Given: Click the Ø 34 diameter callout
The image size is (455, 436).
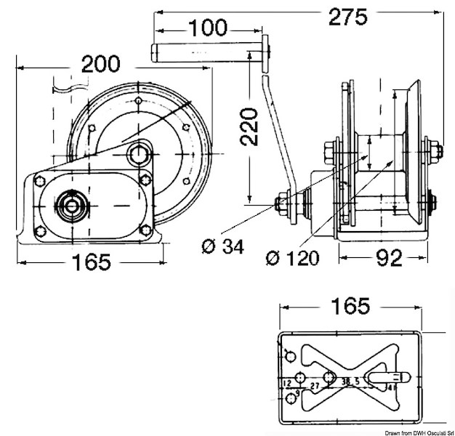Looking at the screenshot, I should coord(222,246).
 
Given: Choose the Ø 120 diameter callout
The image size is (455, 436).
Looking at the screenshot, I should coord(291,258).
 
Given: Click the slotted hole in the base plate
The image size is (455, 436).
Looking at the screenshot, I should coord(384,378).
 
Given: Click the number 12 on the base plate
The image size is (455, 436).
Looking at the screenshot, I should coord(286,382).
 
